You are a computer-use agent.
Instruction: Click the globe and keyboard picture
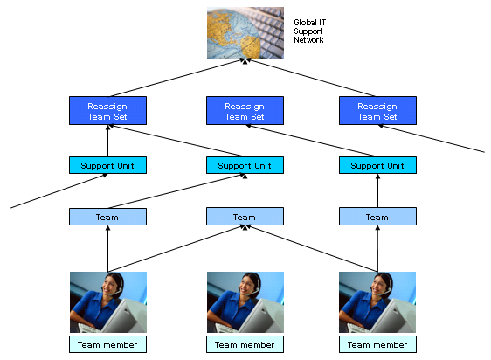[245, 32]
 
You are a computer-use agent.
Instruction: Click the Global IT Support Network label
[309, 31]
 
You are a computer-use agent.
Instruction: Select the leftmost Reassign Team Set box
[107, 111]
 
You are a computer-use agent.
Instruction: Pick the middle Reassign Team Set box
[245, 111]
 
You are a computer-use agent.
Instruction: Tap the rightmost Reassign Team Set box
[377, 111]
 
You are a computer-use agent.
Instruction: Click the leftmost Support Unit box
[107, 165]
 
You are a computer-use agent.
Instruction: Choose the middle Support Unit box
[245, 165]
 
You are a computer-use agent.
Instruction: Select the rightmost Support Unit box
[377, 165]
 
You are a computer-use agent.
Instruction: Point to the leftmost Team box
[107, 217]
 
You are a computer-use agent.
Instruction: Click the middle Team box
[245, 217]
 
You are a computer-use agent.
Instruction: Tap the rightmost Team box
[377, 217]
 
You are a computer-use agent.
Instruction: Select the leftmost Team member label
[107, 344]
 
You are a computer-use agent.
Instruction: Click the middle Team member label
[245, 344]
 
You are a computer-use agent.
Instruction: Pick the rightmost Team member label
[377, 344]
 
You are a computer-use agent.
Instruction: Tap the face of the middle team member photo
[245, 286]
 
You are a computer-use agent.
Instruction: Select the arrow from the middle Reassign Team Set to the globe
[245, 78]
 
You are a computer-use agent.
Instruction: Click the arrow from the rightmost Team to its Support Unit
[377, 190]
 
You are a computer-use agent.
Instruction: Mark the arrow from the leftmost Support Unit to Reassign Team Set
[107, 141]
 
